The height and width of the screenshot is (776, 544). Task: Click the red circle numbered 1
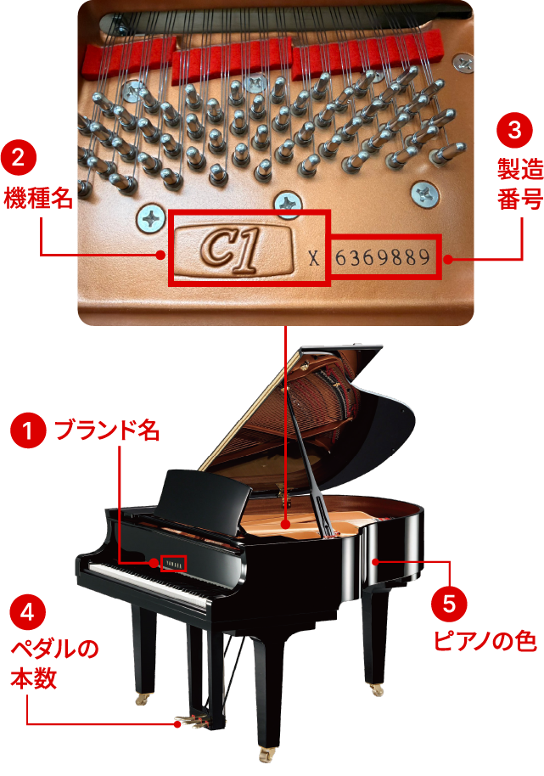28,430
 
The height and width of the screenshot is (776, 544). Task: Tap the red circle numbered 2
19,158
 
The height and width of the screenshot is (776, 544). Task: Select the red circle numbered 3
514,130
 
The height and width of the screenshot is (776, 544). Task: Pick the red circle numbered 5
449,604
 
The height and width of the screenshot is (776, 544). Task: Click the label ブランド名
107,430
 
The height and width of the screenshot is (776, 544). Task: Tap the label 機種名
38,198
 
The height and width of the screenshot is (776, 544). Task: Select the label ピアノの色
485,641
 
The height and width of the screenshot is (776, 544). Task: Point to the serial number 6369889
383,257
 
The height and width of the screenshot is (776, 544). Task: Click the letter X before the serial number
313,258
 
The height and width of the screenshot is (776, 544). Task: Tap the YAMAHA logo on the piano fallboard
174,564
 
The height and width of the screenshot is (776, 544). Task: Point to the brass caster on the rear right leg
376,689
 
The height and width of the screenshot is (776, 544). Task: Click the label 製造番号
520,184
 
